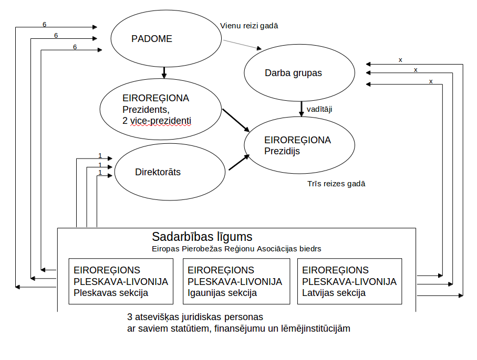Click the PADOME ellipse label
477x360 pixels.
pyautogui.click(x=152, y=39)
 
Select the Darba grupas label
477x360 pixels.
pyautogui.click(x=293, y=73)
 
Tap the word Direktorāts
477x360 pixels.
pyautogui.click(x=158, y=172)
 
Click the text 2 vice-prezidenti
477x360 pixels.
pyautogui.click(x=157, y=120)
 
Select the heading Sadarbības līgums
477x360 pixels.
pyautogui.click(x=202, y=236)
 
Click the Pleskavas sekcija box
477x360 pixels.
pyautogui.click(x=121, y=281)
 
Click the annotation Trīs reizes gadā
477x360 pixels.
pyautogui.click(x=336, y=184)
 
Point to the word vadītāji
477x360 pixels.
pyautogui.click(x=319, y=109)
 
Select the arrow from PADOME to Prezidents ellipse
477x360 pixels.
pyautogui.click(x=164, y=72)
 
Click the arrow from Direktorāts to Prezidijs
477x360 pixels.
pyautogui.click(x=239, y=163)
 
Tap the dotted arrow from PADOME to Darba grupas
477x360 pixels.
pyautogui.click(x=239, y=44)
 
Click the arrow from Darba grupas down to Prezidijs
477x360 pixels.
pyautogui.click(x=302, y=109)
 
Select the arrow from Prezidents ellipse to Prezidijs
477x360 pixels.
pyautogui.click(x=235, y=120)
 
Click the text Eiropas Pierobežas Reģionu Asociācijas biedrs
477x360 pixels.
pyautogui.click(x=236, y=249)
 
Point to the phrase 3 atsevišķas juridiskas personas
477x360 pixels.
pyautogui.click(x=195, y=317)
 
